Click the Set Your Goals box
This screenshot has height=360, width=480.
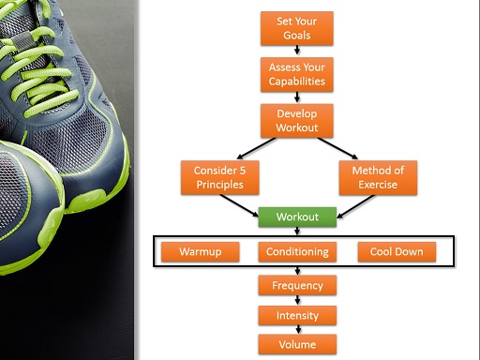(297, 29)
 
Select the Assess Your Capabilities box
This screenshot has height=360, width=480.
(297, 74)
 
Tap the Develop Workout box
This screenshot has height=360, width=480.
(297, 119)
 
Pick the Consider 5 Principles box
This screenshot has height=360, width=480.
(218, 177)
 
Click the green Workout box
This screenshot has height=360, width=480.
(297, 217)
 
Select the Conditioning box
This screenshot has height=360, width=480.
(297, 251)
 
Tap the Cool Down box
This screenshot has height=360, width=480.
(397, 251)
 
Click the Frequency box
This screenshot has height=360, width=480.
(297, 285)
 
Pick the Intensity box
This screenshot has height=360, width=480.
(297, 316)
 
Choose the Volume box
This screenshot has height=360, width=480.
(297, 344)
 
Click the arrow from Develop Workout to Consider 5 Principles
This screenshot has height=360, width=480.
(246, 148)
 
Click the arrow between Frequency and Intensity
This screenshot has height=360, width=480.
(297, 301)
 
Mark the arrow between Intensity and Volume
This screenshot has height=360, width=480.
(297, 330)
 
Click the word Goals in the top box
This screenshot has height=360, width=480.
(297, 37)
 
